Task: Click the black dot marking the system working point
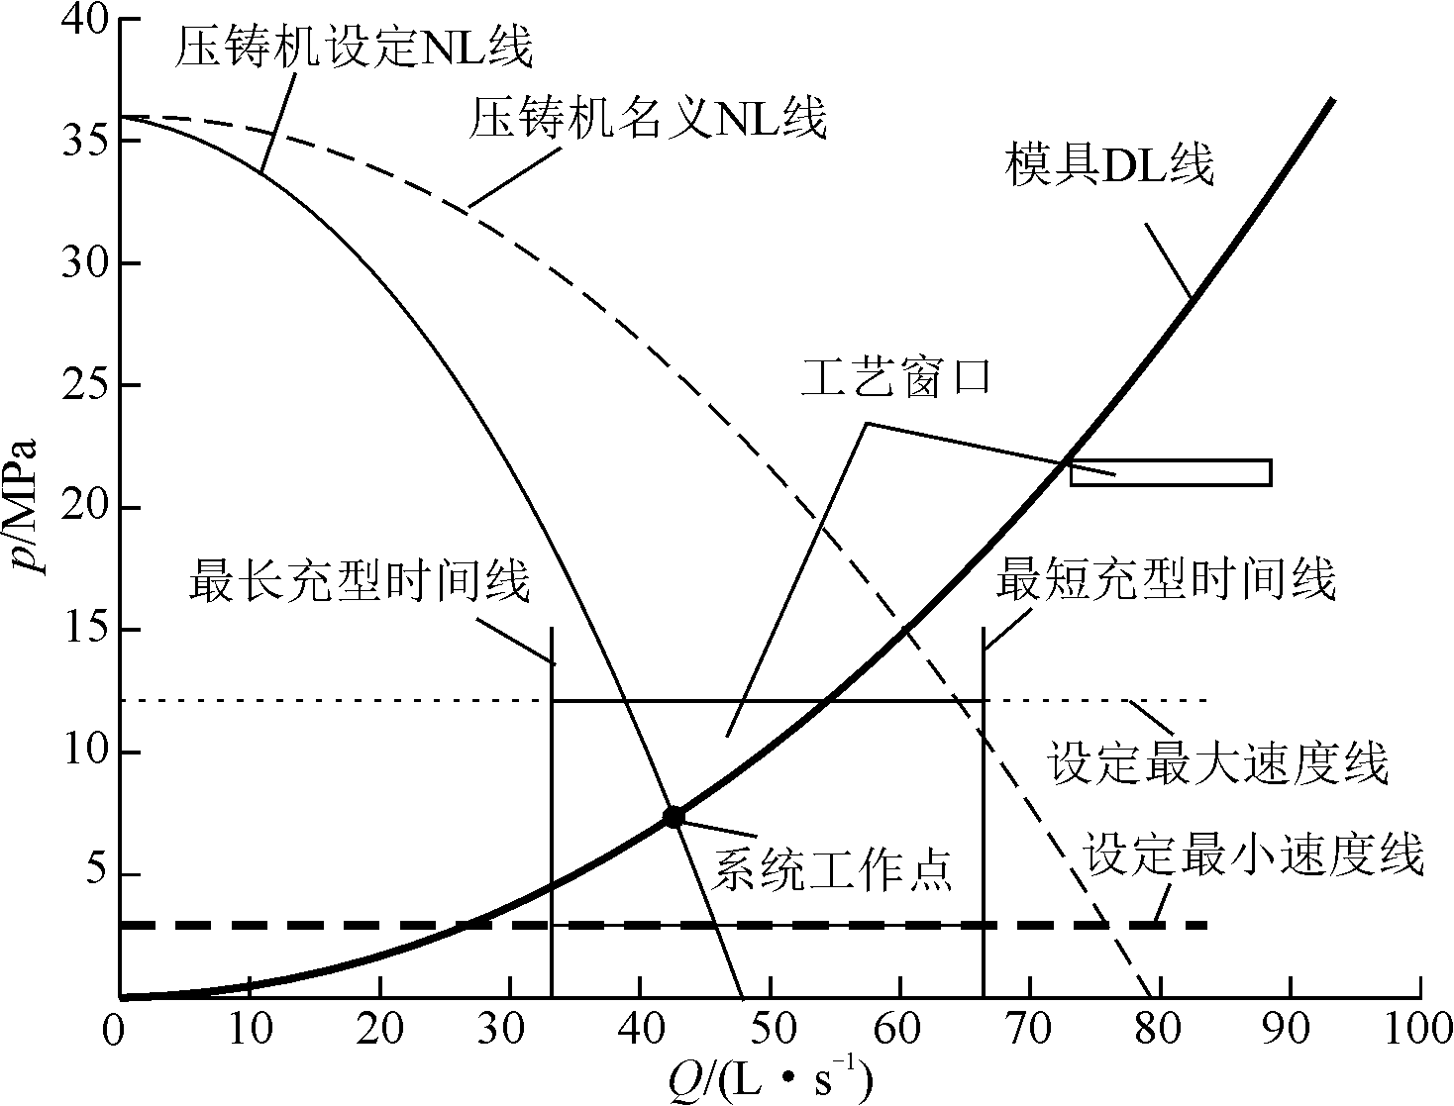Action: tap(674, 816)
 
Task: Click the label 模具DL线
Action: tap(1109, 165)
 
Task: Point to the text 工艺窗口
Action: tap(895, 380)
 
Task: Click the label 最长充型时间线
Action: tap(360, 581)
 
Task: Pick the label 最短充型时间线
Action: tap(1166, 579)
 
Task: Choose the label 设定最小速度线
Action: tap(1254, 855)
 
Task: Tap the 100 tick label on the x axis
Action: tap(1418, 1030)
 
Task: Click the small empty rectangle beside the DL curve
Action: tap(1170, 472)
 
